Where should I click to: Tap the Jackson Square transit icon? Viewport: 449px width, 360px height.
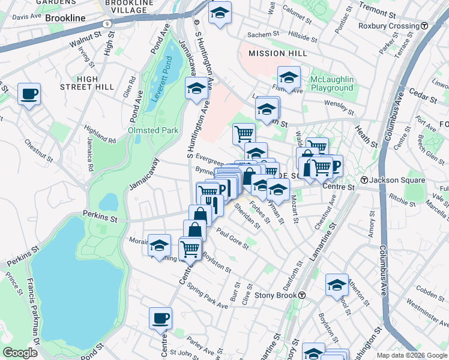(364, 180)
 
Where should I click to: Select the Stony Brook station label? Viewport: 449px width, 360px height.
(275, 295)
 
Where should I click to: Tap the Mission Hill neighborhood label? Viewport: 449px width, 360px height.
(277, 53)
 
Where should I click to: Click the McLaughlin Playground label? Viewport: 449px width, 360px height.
(332, 84)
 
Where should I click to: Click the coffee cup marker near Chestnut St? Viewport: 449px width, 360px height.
(29, 94)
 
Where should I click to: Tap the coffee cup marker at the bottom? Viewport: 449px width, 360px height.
(160, 319)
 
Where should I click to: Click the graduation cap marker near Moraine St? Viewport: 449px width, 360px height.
(159, 245)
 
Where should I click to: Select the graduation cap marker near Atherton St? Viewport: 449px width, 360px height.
(337, 285)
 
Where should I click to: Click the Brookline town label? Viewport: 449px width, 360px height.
(65, 19)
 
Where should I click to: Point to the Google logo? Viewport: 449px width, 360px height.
(20, 352)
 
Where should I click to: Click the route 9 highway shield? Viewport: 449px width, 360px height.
(106, 23)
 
